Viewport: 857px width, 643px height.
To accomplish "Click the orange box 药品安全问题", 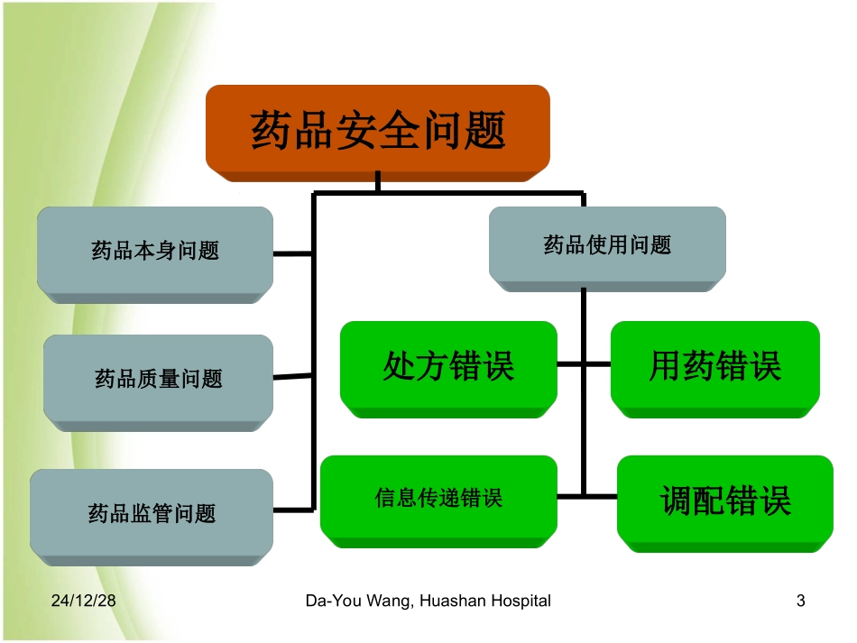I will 377,130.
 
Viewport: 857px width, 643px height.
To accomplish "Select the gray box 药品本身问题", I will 155,250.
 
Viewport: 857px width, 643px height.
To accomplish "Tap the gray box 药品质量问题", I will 158,378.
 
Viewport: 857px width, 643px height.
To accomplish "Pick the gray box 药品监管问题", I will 152,513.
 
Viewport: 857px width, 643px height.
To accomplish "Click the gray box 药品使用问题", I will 607,244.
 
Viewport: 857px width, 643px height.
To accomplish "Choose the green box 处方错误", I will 448,366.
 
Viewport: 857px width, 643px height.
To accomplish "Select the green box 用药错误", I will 714,366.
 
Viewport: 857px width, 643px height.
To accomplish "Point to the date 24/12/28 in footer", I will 83,601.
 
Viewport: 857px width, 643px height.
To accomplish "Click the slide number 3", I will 800,601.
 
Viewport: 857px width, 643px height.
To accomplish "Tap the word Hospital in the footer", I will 521,601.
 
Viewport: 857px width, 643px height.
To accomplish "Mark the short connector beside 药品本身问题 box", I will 292,254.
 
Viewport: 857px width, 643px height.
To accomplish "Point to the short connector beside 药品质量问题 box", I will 292,377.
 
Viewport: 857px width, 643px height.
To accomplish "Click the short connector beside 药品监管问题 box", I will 292,510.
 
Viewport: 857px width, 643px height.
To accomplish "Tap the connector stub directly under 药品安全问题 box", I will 377,183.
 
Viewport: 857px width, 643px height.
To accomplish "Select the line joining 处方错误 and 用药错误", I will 584,364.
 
